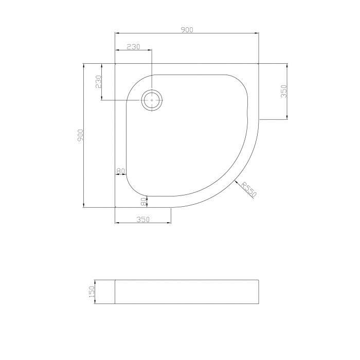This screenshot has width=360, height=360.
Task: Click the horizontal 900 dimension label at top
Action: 187,30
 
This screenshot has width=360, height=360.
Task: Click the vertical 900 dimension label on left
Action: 80,136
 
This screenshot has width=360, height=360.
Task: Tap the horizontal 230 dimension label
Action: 133,47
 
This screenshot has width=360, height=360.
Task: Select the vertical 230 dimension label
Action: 99,82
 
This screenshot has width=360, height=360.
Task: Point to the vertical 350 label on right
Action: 284,91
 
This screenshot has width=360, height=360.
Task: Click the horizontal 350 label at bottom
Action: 143,220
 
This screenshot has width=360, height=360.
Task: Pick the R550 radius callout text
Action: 249,189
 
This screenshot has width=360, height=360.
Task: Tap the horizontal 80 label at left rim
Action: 120,171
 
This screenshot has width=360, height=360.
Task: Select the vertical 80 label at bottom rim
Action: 143,202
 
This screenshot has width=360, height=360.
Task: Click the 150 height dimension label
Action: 92,292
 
